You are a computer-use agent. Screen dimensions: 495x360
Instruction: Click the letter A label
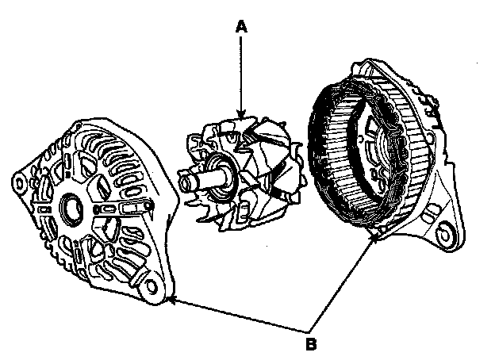click(242, 27)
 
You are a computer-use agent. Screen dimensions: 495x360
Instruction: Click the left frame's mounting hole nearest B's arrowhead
click(147, 282)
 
